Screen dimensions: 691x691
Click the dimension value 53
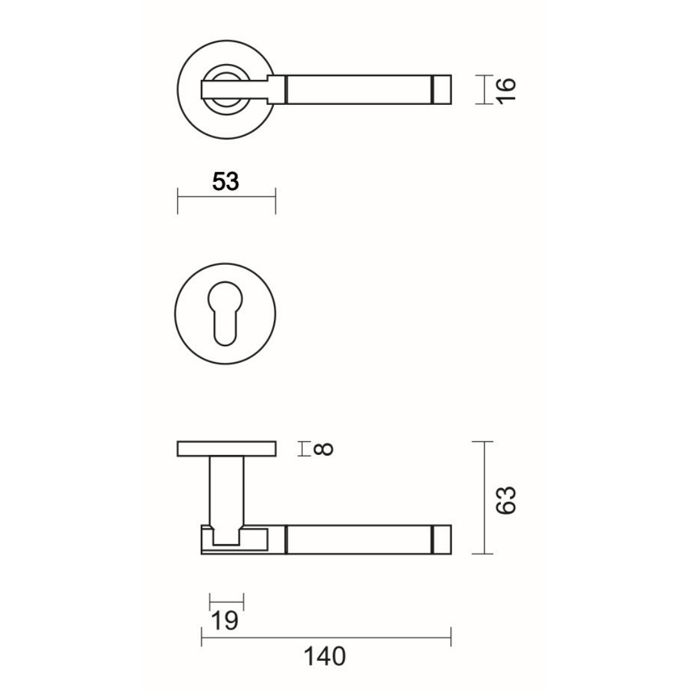click(x=226, y=182)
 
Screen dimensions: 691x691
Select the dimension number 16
click(x=506, y=90)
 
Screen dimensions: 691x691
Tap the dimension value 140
click(x=325, y=656)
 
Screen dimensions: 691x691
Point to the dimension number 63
click(x=505, y=500)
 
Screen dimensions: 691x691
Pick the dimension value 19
click(x=225, y=621)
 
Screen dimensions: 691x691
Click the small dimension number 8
click(x=324, y=449)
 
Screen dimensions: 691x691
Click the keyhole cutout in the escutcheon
click(x=225, y=314)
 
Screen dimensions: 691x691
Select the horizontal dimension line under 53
click(x=226, y=197)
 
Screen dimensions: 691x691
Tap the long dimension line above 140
click(x=326, y=637)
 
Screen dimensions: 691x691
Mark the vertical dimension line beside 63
click(x=485, y=498)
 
